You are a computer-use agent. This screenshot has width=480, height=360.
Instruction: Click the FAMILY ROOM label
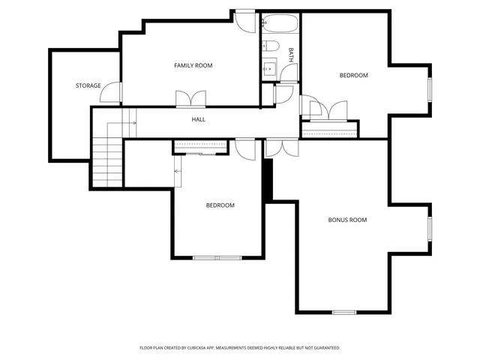click(193, 66)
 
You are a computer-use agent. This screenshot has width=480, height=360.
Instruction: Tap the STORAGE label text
click(88, 86)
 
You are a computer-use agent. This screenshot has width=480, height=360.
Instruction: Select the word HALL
click(198, 119)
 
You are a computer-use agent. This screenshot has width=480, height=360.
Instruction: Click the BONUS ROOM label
click(347, 220)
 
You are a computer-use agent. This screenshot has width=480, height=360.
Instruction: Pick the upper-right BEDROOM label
click(353, 75)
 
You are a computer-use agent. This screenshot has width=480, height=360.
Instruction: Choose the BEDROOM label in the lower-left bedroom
click(220, 205)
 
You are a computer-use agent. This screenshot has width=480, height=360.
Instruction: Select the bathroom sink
click(268, 70)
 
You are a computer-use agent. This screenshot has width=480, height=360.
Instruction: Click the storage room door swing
click(112, 92)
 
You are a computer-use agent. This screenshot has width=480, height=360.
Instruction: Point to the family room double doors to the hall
click(190, 99)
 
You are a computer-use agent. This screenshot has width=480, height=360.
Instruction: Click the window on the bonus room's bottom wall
click(343, 311)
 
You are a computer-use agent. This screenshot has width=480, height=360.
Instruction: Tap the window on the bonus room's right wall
click(430, 229)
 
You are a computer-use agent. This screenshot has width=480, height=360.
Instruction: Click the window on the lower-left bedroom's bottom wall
click(217, 257)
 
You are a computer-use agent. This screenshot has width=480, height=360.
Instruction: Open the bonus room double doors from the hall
click(282, 147)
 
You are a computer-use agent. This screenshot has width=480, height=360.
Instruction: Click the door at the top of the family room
click(245, 19)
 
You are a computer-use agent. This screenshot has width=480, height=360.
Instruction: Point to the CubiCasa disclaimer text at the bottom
click(240, 348)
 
